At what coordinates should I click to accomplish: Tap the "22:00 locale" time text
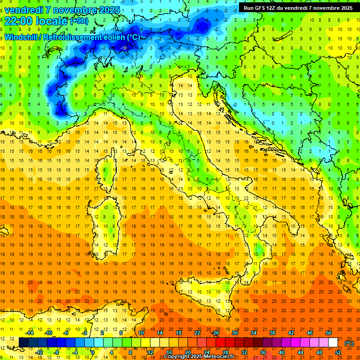click(x=36, y=21)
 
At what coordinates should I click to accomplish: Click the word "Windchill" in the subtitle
click(x=22, y=37)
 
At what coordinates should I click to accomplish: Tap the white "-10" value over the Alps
click(x=124, y=48)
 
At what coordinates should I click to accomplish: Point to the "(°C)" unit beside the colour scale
click(x=349, y=343)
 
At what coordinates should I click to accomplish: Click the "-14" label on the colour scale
click(x=30, y=333)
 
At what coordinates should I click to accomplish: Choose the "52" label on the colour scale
click(x=338, y=352)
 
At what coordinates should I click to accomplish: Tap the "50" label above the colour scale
click(x=328, y=333)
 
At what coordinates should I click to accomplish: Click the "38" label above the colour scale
click(x=272, y=333)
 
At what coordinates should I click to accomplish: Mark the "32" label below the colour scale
click(x=244, y=352)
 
